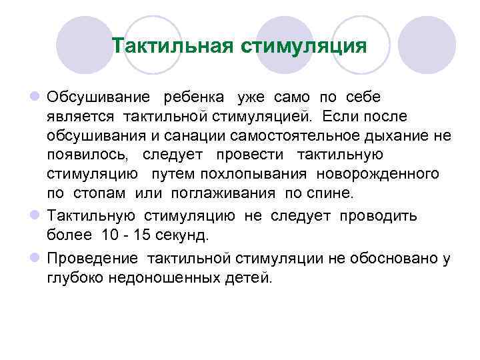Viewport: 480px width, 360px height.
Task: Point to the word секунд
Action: [x=179, y=235]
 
